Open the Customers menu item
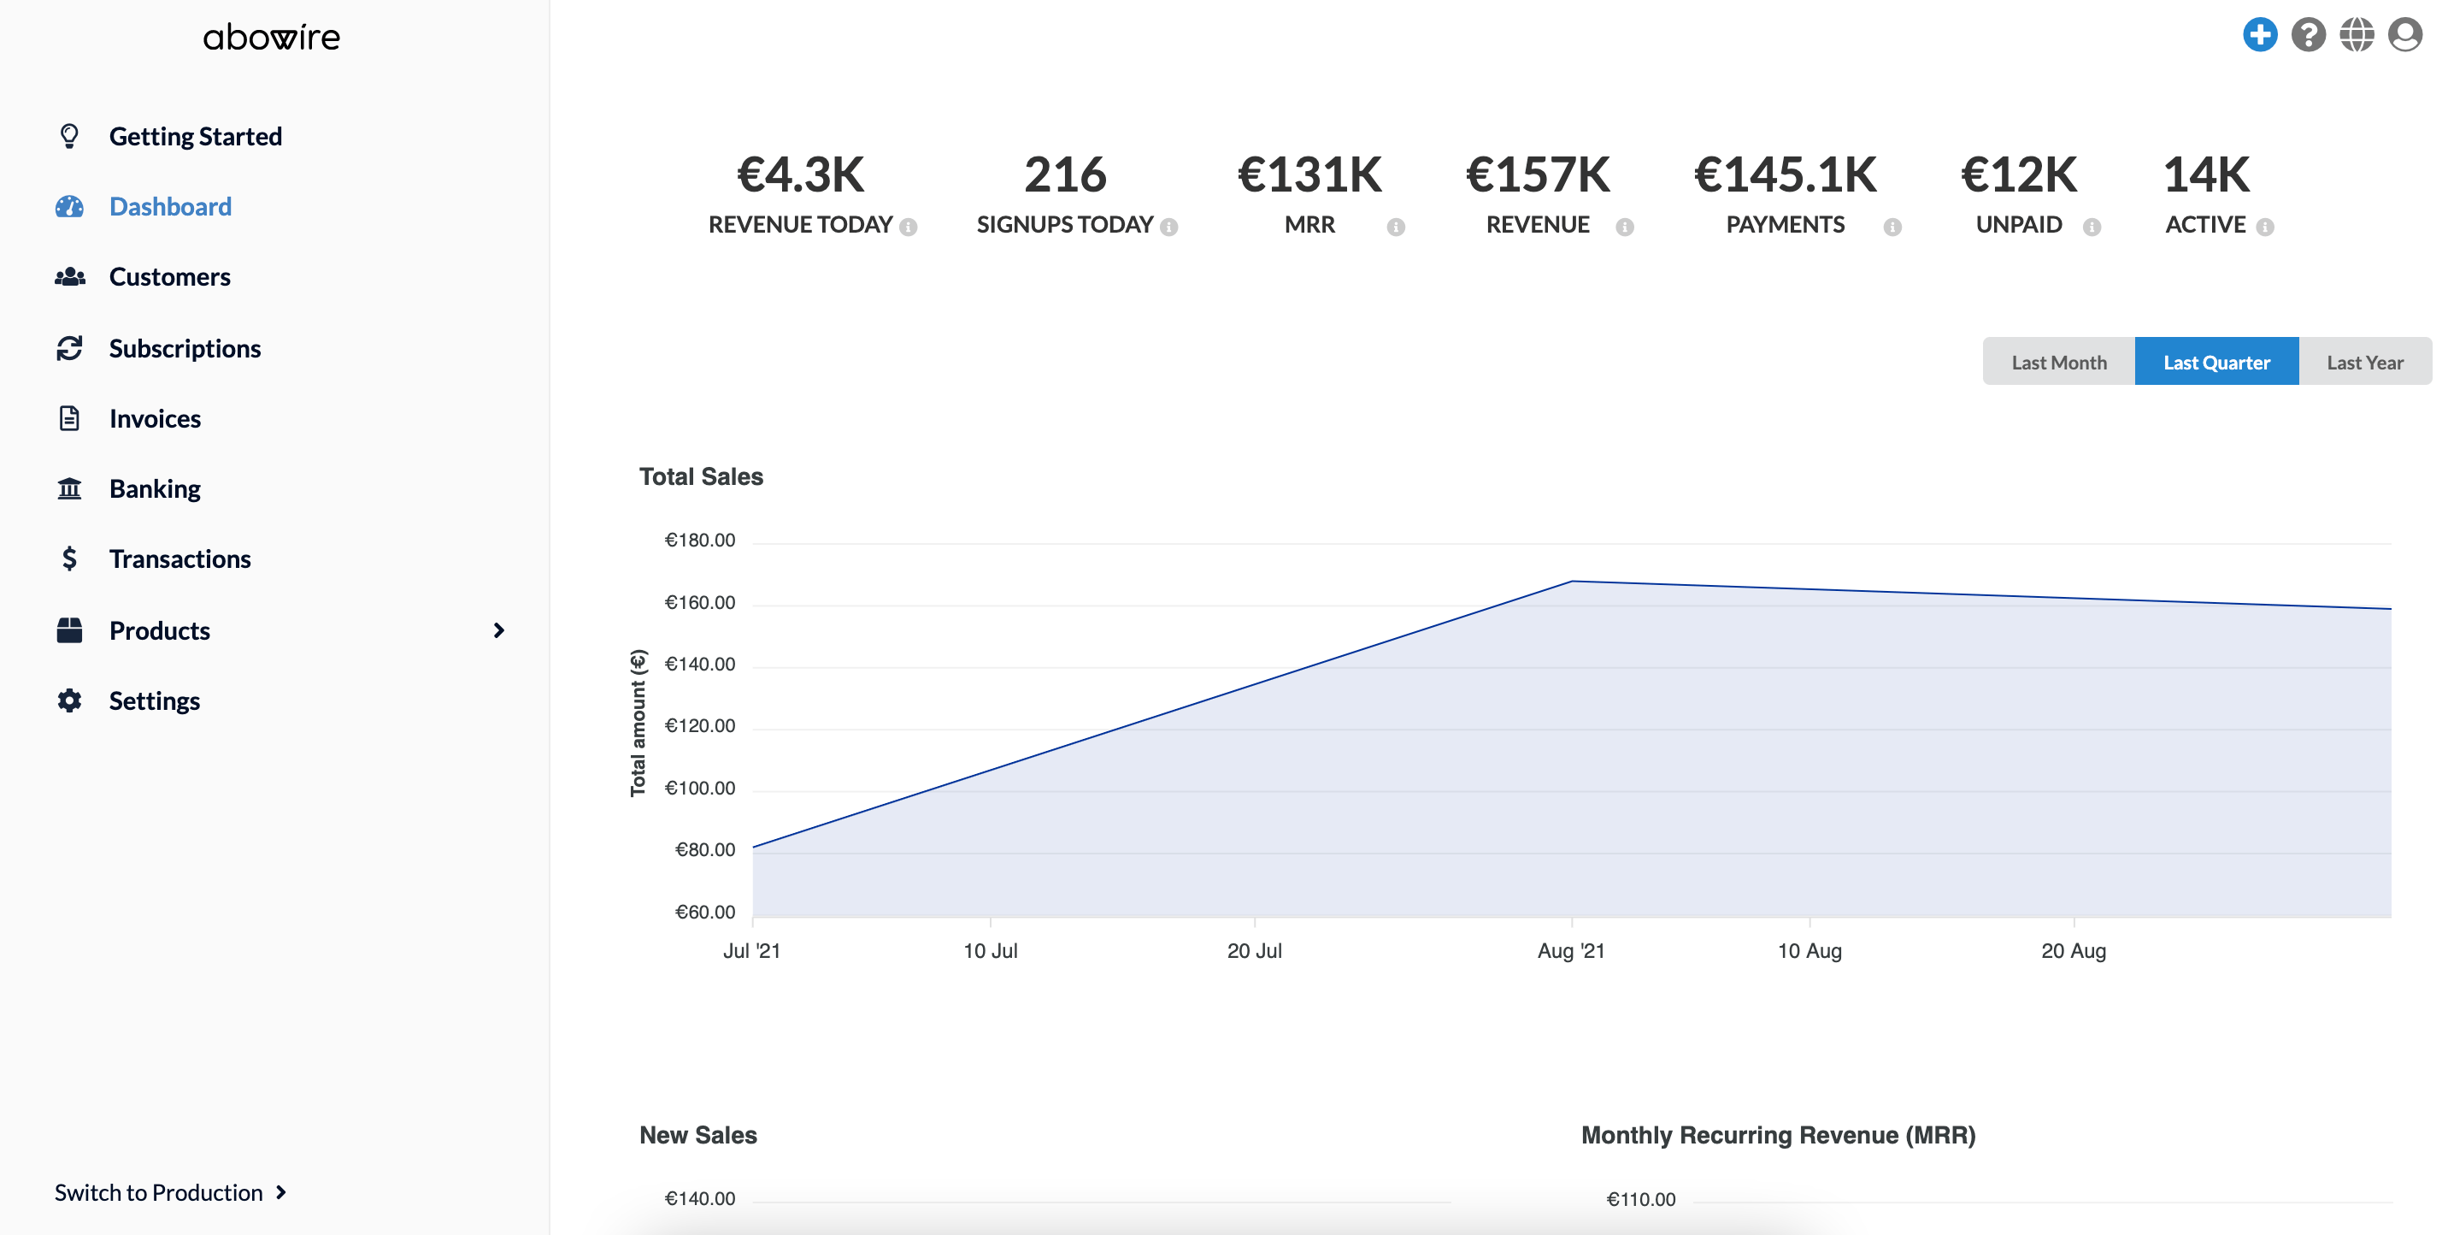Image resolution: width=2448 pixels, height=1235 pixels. tap(169, 276)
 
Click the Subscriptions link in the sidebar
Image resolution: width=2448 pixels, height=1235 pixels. tap(185, 348)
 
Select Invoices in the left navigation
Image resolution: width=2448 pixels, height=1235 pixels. tap(154, 418)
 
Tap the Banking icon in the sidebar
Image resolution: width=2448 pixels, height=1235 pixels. tap(69, 488)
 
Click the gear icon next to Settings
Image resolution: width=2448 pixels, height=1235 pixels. tap(69, 700)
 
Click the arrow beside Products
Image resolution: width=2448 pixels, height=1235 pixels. tap(498, 630)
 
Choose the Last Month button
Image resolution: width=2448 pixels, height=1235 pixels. tap(2058, 363)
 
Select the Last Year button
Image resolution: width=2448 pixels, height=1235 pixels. tap(2364, 363)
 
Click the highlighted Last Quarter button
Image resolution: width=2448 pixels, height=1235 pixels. tap(2216, 363)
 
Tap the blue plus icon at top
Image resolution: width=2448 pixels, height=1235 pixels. tap(2260, 35)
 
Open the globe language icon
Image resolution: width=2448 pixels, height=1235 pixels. tap(2357, 35)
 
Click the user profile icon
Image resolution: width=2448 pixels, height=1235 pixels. tap(2405, 35)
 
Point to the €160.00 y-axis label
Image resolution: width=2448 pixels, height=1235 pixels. tap(699, 603)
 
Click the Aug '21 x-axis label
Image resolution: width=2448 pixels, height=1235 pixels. tap(1571, 951)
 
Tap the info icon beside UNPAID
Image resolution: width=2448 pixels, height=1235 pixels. tap(2092, 227)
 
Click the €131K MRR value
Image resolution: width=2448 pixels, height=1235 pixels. tap(1309, 175)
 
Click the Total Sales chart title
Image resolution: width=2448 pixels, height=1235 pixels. tap(700, 476)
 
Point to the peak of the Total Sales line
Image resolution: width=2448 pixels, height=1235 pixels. tap(1572, 581)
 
